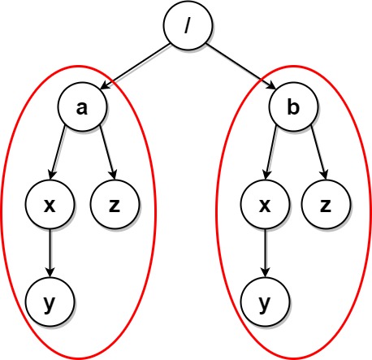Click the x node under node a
tap(50, 204)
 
